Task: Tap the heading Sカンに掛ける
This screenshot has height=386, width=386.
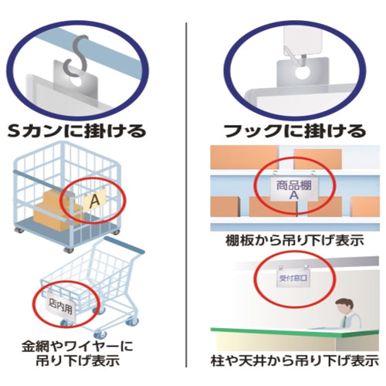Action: [x=77, y=130]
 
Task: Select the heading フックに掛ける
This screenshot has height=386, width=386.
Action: [x=295, y=130]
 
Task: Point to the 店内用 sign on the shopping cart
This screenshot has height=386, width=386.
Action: [x=61, y=306]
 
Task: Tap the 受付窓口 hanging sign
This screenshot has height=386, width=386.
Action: [x=293, y=278]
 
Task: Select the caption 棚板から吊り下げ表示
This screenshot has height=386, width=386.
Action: [x=295, y=241]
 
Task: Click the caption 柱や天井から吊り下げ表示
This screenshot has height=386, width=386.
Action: [x=295, y=361]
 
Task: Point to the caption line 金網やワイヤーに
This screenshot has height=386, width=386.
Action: [x=77, y=346]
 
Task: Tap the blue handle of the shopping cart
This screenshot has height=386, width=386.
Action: [x=124, y=244]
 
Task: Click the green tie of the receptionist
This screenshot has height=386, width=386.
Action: [x=344, y=322]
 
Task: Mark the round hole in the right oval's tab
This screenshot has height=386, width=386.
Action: [x=302, y=73]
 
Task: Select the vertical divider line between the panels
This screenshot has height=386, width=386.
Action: [x=186, y=195]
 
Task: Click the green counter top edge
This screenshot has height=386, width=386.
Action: [x=295, y=333]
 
